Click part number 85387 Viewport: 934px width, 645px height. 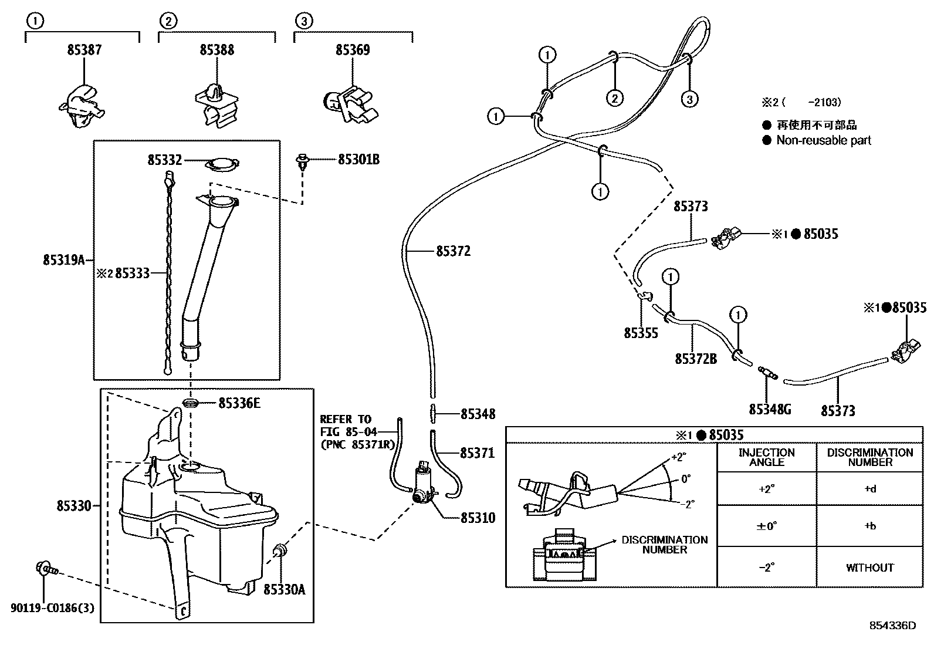click(x=84, y=50)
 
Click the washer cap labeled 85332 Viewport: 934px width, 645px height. click(x=222, y=164)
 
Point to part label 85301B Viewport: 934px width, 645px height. click(x=358, y=160)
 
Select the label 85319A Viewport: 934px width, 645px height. click(x=64, y=260)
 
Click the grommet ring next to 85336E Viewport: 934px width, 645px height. click(x=191, y=403)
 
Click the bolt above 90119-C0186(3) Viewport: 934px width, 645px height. click(x=45, y=569)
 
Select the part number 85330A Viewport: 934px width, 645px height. click(x=284, y=590)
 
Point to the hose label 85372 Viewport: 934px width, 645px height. click(x=453, y=251)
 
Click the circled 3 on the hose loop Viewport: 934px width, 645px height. click(x=690, y=99)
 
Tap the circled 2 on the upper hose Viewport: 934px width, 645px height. click(x=614, y=98)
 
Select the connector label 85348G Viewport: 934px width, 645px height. click(x=770, y=410)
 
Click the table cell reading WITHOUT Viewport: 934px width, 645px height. click(x=869, y=568)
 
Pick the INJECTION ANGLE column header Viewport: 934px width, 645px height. click(x=766, y=457)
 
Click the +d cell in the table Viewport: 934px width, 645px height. click(x=869, y=489)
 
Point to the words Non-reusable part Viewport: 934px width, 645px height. click(x=823, y=140)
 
